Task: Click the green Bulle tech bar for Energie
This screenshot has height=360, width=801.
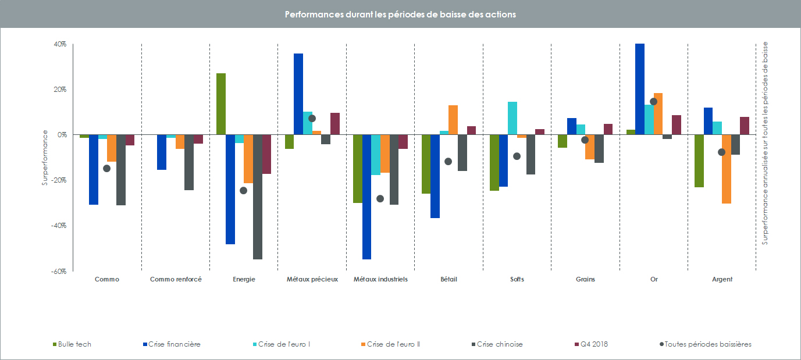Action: pos(221,104)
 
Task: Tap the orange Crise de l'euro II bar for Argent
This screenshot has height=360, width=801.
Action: pos(727,169)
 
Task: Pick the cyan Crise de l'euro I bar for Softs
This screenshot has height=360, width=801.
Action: pos(512,118)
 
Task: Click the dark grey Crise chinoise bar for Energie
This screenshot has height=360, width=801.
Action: pos(258,197)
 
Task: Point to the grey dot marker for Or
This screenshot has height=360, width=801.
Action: pos(653,102)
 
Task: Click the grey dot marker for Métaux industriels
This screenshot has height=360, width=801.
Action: pos(380,198)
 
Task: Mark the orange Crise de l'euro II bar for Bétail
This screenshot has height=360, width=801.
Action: pos(453,120)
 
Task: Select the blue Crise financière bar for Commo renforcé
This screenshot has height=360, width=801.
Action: pos(162,152)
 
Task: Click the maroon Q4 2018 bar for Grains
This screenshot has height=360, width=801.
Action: pos(608,129)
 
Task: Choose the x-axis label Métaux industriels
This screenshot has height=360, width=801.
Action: pos(380,279)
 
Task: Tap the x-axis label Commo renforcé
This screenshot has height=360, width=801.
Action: pos(176,279)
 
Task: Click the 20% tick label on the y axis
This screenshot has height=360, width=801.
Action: pos(60,90)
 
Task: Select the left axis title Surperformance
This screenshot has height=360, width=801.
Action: pos(44,158)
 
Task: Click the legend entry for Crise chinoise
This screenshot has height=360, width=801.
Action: pos(499,344)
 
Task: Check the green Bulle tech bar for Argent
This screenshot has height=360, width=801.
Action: pos(699,161)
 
